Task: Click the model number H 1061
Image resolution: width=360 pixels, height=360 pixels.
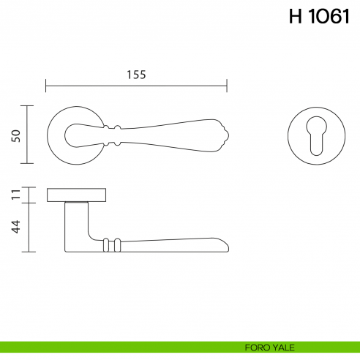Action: click(318, 18)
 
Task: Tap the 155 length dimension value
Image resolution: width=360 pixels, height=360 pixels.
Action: click(136, 74)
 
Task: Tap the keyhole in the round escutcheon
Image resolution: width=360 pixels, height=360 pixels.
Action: click(316, 134)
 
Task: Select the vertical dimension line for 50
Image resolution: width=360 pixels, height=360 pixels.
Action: click(29, 135)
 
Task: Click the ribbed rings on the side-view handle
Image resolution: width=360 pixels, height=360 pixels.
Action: click(110, 244)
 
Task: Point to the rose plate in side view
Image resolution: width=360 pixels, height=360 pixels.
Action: click(78, 195)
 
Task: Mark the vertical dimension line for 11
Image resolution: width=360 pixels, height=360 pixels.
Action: click(29, 195)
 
